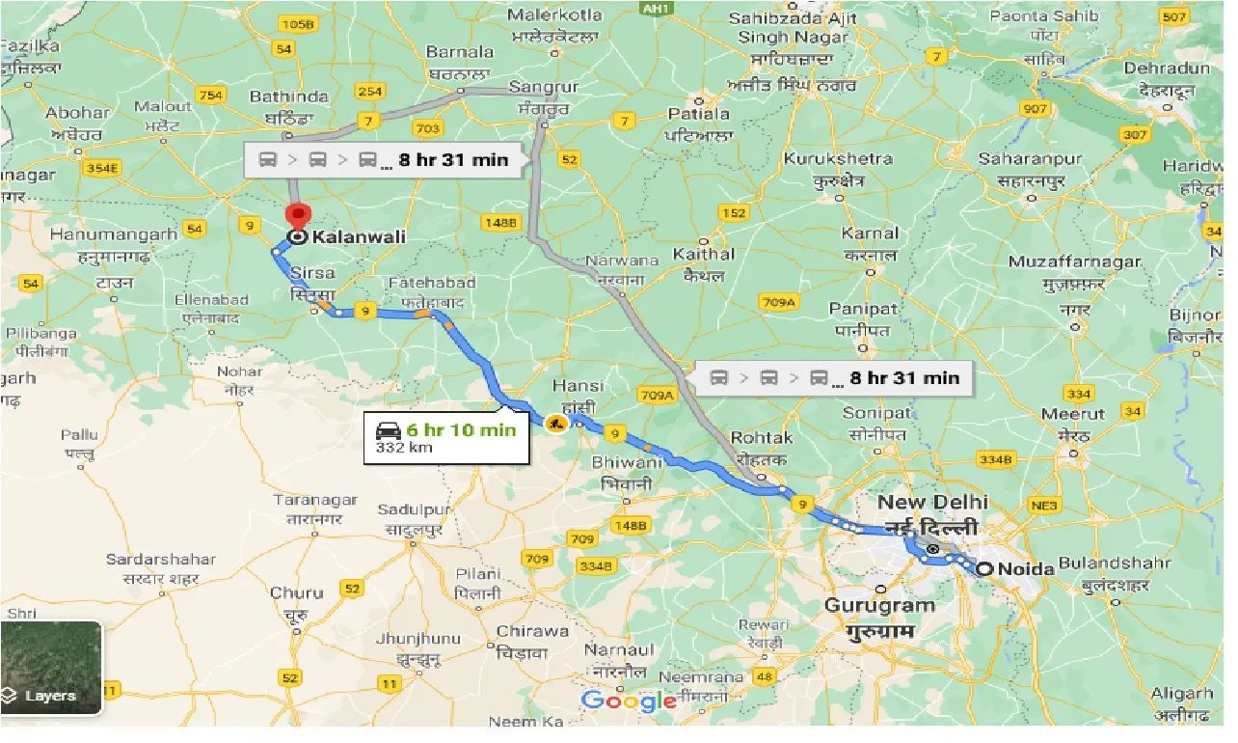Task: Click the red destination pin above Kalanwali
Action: click(298, 215)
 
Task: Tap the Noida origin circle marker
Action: click(984, 569)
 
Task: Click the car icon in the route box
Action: click(389, 430)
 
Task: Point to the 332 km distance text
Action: click(405, 448)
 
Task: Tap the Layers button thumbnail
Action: click(51, 668)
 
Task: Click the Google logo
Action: click(629, 701)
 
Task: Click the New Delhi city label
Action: click(932, 502)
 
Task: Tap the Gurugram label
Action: click(879, 605)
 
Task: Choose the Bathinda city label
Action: click(288, 96)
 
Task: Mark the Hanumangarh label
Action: click(114, 234)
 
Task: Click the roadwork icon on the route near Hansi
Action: click(555, 423)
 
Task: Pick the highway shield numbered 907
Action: click(1035, 109)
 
